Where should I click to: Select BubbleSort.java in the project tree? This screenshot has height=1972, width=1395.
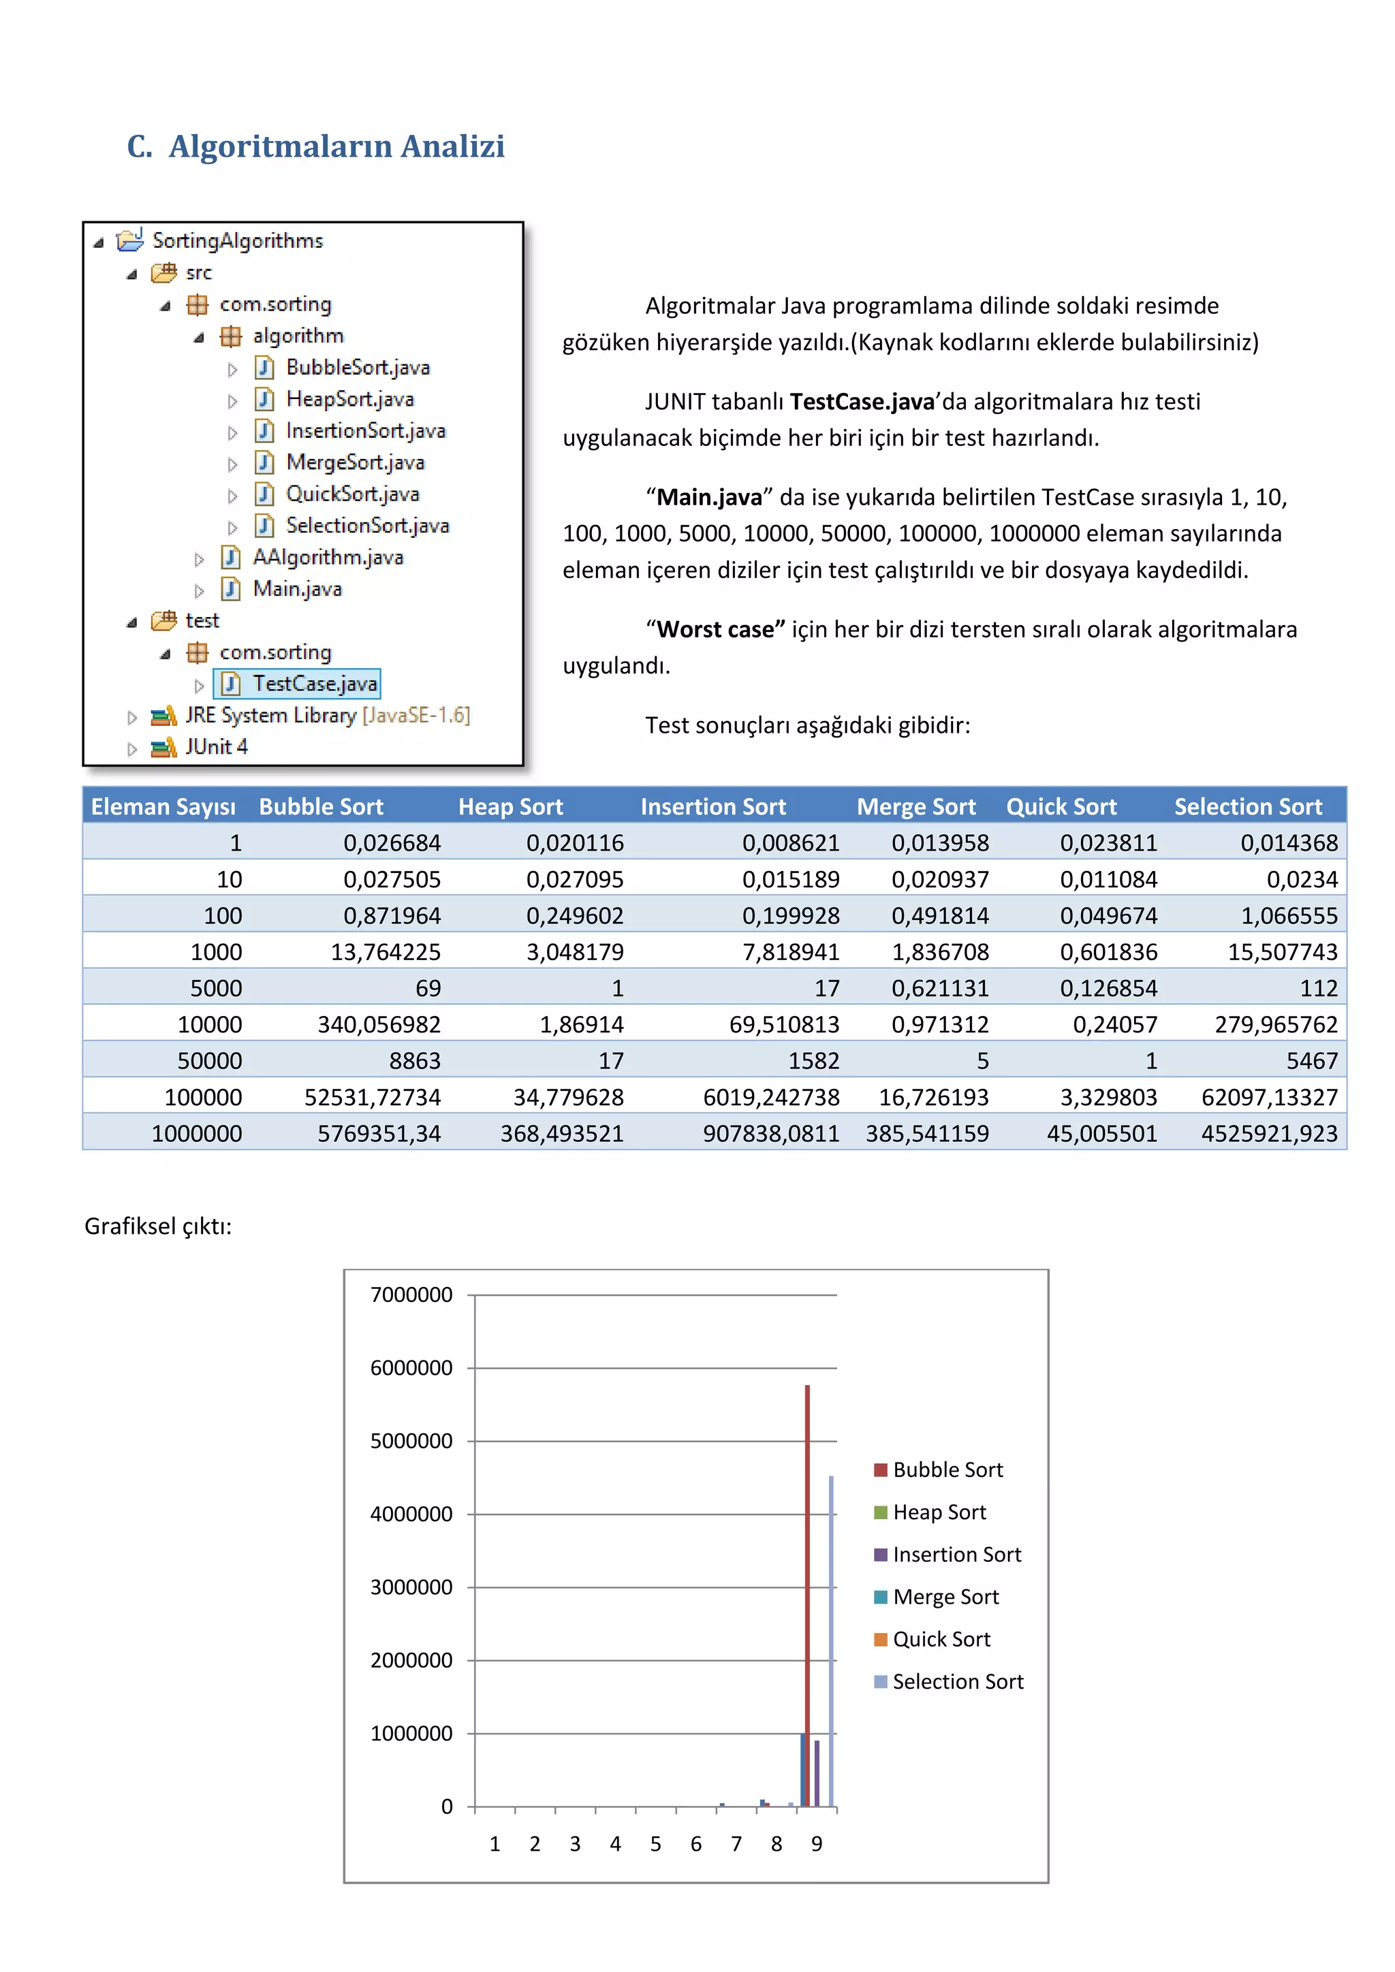pos(358,368)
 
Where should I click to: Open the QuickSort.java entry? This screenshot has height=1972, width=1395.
pos(352,494)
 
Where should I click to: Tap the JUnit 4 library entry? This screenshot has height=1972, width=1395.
pos(217,747)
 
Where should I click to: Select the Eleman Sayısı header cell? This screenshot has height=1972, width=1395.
pos(163,806)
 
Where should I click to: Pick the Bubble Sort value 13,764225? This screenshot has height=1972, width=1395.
pos(386,952)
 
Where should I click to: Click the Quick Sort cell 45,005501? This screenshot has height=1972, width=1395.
pos(1101,1134)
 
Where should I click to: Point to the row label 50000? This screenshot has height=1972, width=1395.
pos(210,1061)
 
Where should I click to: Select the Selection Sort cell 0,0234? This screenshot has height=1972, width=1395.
pos(1302,880)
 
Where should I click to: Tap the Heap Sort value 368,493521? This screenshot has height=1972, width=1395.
pos(562,1134)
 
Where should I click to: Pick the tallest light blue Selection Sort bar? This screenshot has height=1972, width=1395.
pos(830,1632)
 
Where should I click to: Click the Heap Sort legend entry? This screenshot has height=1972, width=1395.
pos(938,1512)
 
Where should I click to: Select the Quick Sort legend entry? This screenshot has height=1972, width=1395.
pos(941,1640)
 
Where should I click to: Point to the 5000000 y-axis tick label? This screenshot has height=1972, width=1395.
pos(411,1442)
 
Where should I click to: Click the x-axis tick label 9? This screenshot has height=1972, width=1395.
pos(817,1844)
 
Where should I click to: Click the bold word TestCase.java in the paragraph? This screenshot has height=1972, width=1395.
pos(862,402)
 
